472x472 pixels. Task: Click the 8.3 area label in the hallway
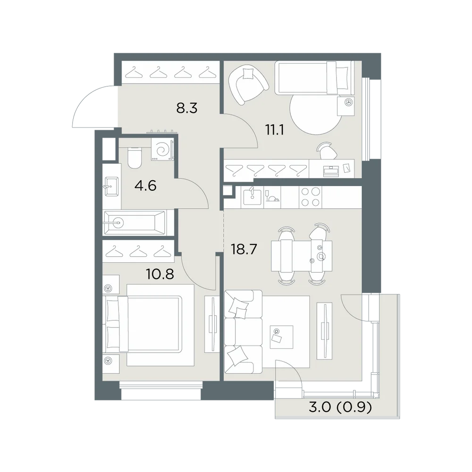(x=186, y=108)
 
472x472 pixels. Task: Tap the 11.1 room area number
(x=275, y=130)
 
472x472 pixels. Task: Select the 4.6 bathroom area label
(x=145, y=185)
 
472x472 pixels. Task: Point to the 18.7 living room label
(x=244, y=249)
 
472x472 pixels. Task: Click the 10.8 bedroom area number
(x=160, y=274)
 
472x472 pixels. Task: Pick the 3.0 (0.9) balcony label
(x=340, y=407)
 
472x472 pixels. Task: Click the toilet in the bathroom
(x=134, y=158)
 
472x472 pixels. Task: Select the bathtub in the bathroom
(x=135, y=223)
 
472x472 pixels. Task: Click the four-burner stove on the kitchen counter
(x=311, y=197)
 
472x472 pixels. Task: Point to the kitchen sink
(x=252, y=197)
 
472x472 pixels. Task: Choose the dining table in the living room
(x=302, y=256)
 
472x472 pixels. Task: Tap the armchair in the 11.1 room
(x=248, y=84)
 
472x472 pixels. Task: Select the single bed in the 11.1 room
(x=314, y=78)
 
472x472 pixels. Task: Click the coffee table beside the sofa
(x=281, y=337)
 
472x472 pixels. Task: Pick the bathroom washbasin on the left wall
(x=111, y=186)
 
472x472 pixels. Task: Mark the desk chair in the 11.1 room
(x=327, y=151)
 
